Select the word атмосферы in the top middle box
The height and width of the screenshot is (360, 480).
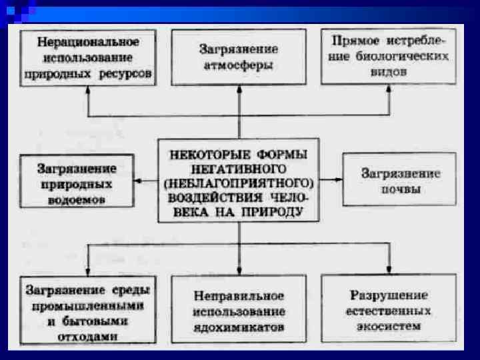[x=239, y=65]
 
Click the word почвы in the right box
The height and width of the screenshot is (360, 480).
[x=400, y=189]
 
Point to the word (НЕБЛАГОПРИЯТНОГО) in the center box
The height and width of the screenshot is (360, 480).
[x=238, y=180]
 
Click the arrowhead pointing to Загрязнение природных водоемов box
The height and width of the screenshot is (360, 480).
[x=136, y=180]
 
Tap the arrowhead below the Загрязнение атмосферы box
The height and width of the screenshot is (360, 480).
[x=239, y=91]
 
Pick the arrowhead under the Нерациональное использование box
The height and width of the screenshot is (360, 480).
[x=87, y=91]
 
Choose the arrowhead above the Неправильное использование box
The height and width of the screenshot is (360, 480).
[x=239, y=269]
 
